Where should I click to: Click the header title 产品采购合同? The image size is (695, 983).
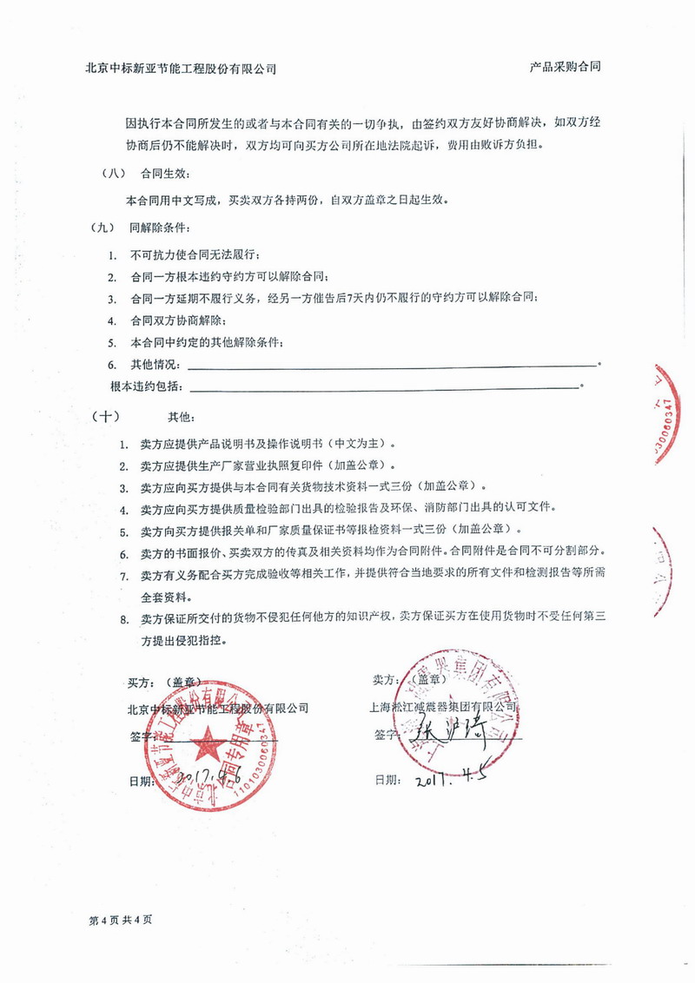coord(566,67)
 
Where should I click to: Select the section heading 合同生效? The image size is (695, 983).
coord(156,174)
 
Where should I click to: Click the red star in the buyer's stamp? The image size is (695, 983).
coord(208,744)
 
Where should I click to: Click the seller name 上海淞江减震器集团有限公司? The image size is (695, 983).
coord(444,707)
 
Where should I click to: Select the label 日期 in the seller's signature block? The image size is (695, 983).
coord(387,780)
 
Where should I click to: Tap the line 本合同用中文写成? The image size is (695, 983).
coord(287,200)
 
